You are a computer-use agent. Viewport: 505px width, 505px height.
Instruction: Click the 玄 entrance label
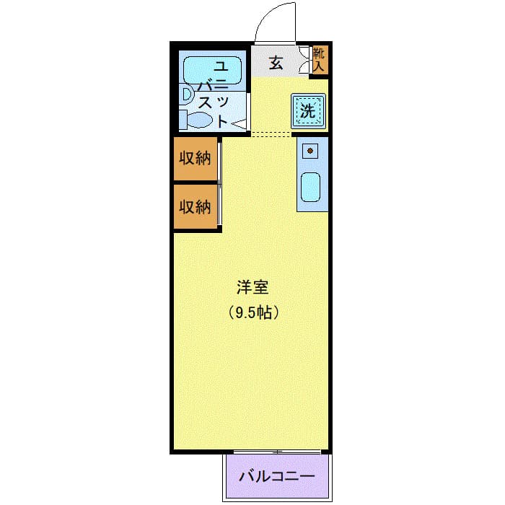tap(276, 63)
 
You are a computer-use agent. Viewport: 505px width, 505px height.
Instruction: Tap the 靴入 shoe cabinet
tap(320, 60)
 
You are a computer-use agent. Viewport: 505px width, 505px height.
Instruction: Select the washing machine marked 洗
tap(309, 111)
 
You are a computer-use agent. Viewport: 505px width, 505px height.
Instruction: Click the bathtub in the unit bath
tap(212, 70)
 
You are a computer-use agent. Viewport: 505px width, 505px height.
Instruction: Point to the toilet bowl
tap(200, 120)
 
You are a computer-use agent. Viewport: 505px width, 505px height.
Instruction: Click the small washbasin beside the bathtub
tap(186, 95)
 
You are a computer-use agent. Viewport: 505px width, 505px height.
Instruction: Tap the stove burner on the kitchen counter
tap(310, 151)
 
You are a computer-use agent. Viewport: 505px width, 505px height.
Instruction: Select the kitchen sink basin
tap(310, 188)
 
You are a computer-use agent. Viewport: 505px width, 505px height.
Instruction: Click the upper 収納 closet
tap(196, 159)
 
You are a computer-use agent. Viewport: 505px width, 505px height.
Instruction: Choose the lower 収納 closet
tap(196, 206)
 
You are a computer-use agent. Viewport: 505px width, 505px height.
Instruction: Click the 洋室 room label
tap(252, 288)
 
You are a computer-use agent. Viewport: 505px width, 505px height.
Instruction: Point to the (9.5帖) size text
tap(253, 312)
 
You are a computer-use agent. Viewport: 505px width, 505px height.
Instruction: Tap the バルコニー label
tap(276, 476)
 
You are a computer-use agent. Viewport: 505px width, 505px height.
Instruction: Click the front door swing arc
tap(268, 13)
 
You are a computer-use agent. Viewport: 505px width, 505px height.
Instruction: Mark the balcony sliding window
tap(277, 452)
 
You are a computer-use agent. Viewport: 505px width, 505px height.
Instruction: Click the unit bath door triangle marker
tap(239, 124)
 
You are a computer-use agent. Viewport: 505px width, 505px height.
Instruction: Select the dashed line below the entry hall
tap(271, 134)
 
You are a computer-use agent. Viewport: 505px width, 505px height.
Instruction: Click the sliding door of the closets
tap(219, 183)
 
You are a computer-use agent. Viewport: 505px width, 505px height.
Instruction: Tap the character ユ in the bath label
tap(221, 66)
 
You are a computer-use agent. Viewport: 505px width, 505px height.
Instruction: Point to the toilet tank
tap(183, 120)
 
